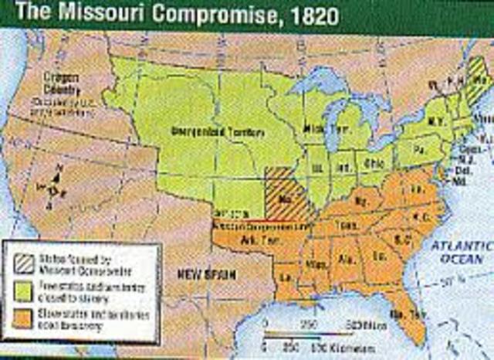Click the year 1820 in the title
[224, 13]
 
